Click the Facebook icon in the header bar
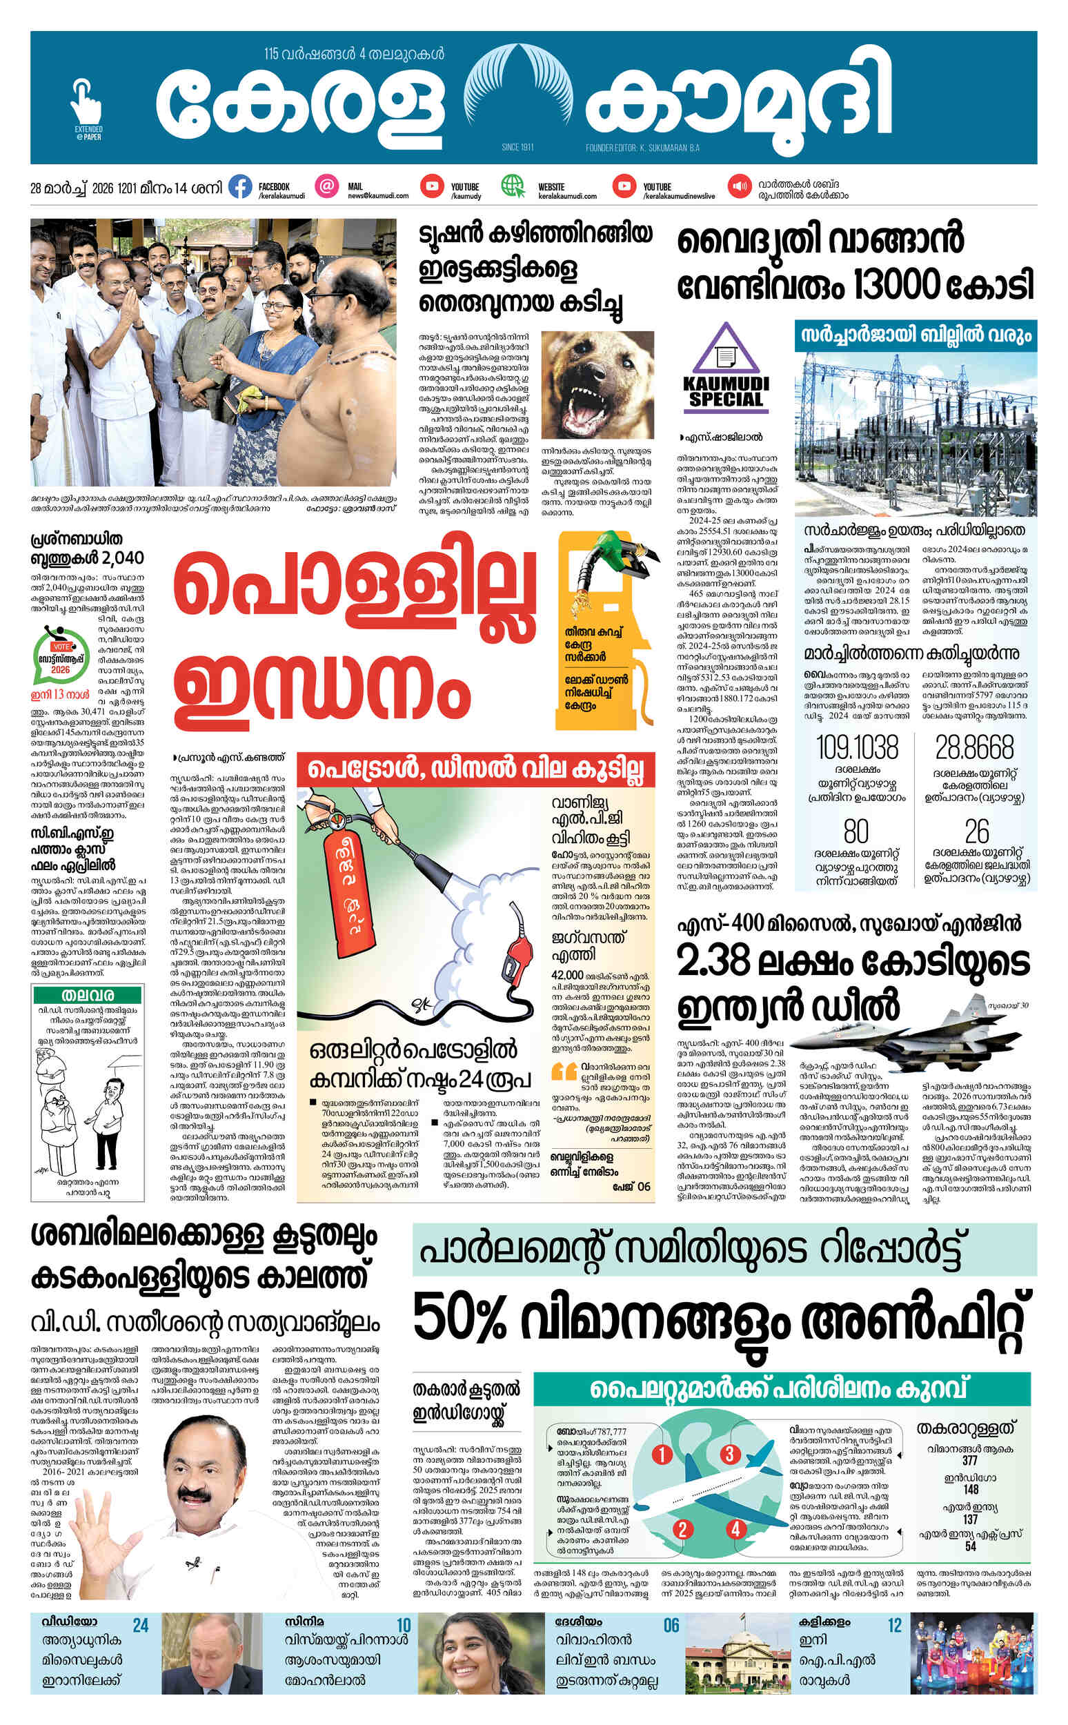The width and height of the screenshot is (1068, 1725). tap(240, 187)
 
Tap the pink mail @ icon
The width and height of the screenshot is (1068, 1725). tap(326, 187)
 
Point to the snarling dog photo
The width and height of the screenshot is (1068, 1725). tap(597, 385)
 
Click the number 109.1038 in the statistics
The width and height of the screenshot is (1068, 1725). tap(857, 747)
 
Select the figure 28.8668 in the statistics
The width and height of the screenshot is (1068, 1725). tap(974, 747)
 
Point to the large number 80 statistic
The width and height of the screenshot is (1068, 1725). tap(856, 831)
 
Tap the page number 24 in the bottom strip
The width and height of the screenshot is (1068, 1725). tap(141, 1626)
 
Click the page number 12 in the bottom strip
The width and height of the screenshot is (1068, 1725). tap(894, 1626)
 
